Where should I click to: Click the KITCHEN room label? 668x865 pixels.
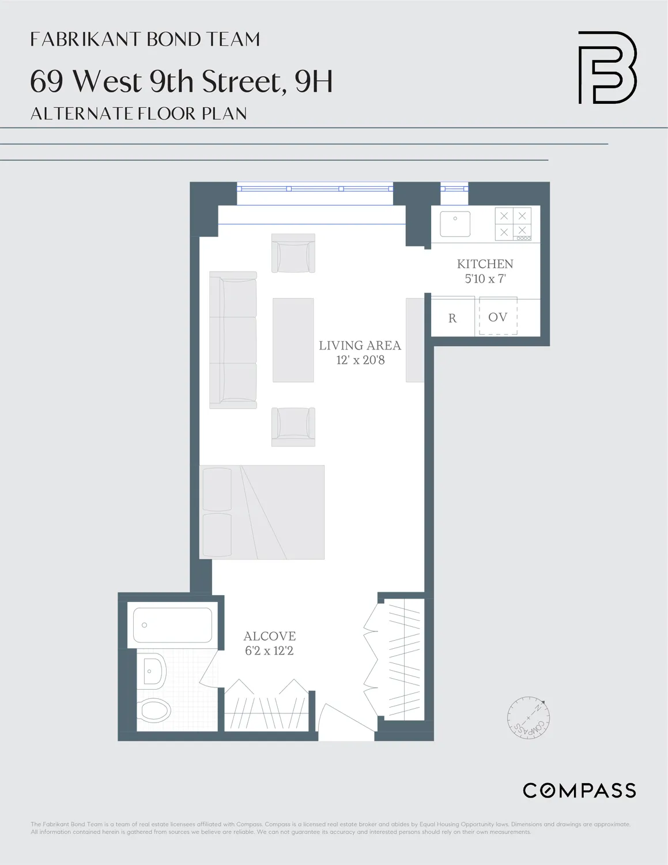[x=485, y=264]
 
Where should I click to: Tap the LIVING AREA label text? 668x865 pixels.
[x=360, y=345]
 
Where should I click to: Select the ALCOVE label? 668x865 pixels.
[x=269, y=636]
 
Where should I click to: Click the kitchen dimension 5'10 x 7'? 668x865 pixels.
[x=485, y=279]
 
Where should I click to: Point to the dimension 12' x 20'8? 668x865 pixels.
[x=360, y=360]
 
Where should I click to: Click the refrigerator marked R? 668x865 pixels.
[x=452, y=318]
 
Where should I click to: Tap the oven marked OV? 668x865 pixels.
[x=498, y=317]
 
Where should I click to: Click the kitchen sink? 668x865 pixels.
[x=455, y=224]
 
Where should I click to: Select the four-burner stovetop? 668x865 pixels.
[x=513, y=224]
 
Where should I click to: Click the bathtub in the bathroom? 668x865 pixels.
[x=172, y=625]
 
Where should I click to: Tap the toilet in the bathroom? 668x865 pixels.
[x=154, y=710]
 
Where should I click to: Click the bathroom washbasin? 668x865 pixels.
[x=153, y=671]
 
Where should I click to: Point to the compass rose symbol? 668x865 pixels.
[x=529, y=718]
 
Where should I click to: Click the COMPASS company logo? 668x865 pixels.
[x=579, y=790]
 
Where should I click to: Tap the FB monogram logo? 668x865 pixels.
[x=607, y=67]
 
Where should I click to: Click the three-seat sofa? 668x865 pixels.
[x=233, y=340]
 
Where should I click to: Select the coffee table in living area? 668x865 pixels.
[x=293, y=340]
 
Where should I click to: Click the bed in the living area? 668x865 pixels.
[x=262, y=512]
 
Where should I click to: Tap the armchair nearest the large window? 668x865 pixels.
[x=293, y=253]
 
